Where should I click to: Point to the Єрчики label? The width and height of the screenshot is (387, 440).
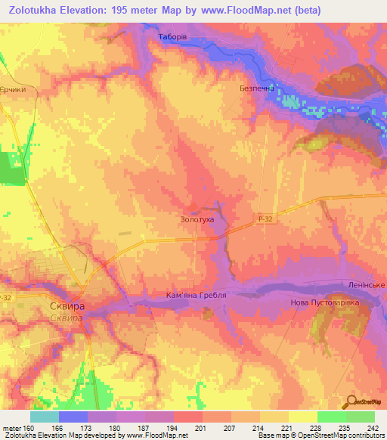pyautogui.click(x=17, y=89)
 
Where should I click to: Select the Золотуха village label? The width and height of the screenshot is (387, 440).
pyautogui.click(x=197, y=219)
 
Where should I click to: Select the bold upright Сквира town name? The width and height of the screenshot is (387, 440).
pyautogui.click(x=66, y=308)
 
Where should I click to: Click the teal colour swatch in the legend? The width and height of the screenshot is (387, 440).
pyautogui.click(x=45, y=417)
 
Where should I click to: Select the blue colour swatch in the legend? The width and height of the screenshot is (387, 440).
pyautogui.click(x=73, y=417)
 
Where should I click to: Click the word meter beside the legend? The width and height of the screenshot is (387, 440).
pyautogui.click(x=12, y=428)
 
